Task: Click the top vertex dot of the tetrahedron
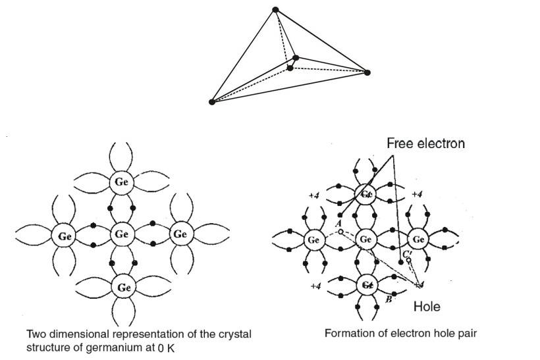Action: tap(275, 9)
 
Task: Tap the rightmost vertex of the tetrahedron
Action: tap(367, 72)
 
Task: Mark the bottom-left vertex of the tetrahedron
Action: tap(212, 102)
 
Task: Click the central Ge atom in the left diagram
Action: tap(122, 234)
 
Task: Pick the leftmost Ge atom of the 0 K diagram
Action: tap(65, 234)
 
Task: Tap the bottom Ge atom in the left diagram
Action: tap(122, 286)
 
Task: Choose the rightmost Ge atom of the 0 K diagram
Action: tap(180, 234)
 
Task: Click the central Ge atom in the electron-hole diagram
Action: tap(366, 240)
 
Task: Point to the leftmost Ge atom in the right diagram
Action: tap(314, 240)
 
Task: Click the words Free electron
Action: tap(425, 143)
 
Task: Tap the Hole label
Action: tap(426, 306)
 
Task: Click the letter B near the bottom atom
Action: tap(389, 299)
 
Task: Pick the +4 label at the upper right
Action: tap(416, 194)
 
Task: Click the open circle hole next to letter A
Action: tap(340, 231)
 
